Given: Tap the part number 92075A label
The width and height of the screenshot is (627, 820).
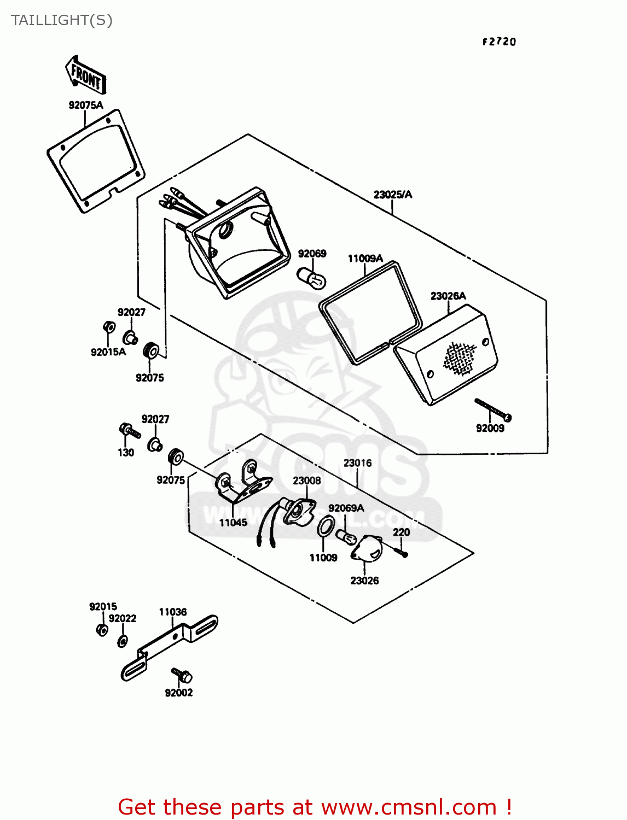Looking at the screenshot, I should point(85,105).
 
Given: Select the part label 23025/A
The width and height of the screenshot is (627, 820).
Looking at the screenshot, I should point(392,195).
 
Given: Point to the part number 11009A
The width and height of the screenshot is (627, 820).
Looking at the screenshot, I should point(365,259).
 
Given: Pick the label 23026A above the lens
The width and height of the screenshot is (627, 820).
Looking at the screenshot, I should point(448,296).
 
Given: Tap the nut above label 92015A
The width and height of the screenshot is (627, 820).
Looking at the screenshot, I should point(109,327).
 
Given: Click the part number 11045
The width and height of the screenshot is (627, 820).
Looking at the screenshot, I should point(233,523).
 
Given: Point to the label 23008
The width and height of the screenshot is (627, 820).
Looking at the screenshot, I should point(306,481).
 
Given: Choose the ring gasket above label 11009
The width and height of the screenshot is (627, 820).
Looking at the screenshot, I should point(326,526).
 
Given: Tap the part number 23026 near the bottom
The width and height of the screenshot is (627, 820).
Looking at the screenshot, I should point(364,581).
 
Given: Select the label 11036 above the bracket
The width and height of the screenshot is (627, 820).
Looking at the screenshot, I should point(173,612).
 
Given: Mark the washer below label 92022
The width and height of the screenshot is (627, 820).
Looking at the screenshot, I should point(123,641).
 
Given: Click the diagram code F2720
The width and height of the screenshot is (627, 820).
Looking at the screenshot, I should point(499,42).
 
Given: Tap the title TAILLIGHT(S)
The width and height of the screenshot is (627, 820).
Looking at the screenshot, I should point(61,20).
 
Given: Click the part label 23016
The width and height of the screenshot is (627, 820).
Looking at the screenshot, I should point(357,463).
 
